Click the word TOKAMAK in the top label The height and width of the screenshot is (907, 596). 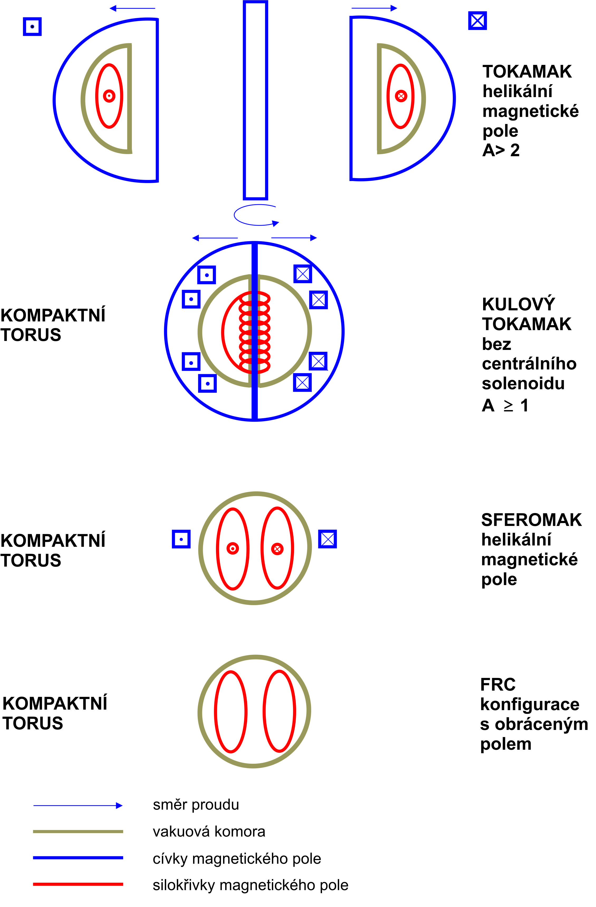point(527,72)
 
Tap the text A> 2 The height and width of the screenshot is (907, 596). point(501,150)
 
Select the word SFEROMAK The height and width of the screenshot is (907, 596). point(531,520)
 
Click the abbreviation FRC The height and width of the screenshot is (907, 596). point(498,685)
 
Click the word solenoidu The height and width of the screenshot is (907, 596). point(523,383)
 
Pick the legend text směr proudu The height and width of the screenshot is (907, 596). point(196,805)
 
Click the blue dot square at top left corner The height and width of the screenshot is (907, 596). point(32,27)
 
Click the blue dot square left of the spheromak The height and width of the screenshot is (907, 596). point(181,539)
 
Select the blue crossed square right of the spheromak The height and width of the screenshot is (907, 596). point(328,539)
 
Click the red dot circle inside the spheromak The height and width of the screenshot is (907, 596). point(233,548)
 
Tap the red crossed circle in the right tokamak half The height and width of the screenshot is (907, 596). point(401,96)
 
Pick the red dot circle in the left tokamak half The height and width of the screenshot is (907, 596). point(109,96)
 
